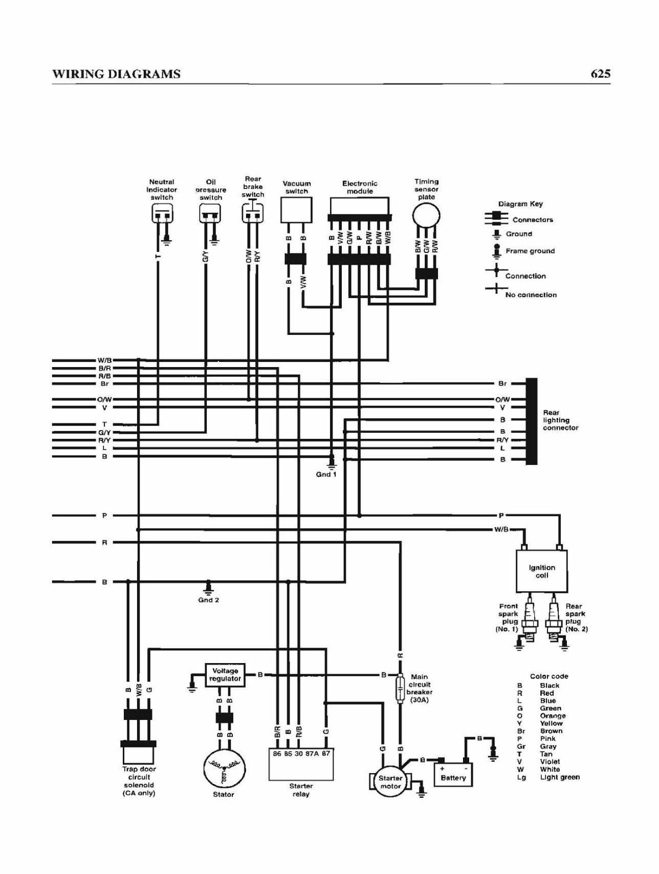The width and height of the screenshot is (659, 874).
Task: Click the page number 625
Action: pos(600,74)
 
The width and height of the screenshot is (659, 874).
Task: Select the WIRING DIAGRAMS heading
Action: pos(117,74)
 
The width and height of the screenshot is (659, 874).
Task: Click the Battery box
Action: pos(453,774)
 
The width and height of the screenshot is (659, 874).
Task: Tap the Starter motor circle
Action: pos(390,782)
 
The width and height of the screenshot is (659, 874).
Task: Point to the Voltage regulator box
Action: pos(225,675)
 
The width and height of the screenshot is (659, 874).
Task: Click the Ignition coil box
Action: pos(542,571)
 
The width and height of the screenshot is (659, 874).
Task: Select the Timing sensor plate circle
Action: pos(426,216)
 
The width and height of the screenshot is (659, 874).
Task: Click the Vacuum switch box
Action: pos(296,210)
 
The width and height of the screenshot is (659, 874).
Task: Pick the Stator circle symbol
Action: pos(224,769)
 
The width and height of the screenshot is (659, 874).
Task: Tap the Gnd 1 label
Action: pos(326,474)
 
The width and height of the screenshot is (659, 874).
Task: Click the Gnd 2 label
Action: pos(208,600)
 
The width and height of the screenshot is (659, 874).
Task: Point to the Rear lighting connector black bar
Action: pos(532,421)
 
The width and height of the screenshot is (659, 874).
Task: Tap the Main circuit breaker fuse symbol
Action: pos(401,688)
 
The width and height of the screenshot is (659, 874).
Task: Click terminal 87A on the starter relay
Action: pos(312,754)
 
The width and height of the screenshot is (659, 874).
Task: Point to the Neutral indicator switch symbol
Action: pos(162,213)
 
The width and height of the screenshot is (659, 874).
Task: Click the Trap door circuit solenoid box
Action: pos(139,755)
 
